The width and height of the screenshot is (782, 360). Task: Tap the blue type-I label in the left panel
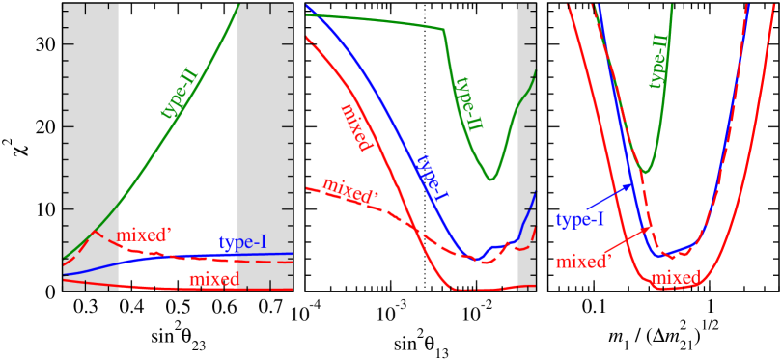tap(242, 242)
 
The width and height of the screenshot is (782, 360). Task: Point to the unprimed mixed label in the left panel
tap(213, 279)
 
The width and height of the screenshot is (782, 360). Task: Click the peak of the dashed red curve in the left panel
tap(95, 233)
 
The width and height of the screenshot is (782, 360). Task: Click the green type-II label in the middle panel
tap(468, 103)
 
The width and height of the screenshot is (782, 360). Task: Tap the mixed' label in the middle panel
tap(349, 191)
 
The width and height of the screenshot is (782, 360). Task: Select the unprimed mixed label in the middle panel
tap(356, 127)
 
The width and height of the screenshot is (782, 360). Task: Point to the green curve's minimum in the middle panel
tap(491, 179)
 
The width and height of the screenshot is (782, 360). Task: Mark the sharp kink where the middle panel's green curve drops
tap(444, 30)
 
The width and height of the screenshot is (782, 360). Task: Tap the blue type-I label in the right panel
tap(580, 219)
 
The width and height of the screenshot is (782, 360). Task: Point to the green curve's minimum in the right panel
tap(647, 172)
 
